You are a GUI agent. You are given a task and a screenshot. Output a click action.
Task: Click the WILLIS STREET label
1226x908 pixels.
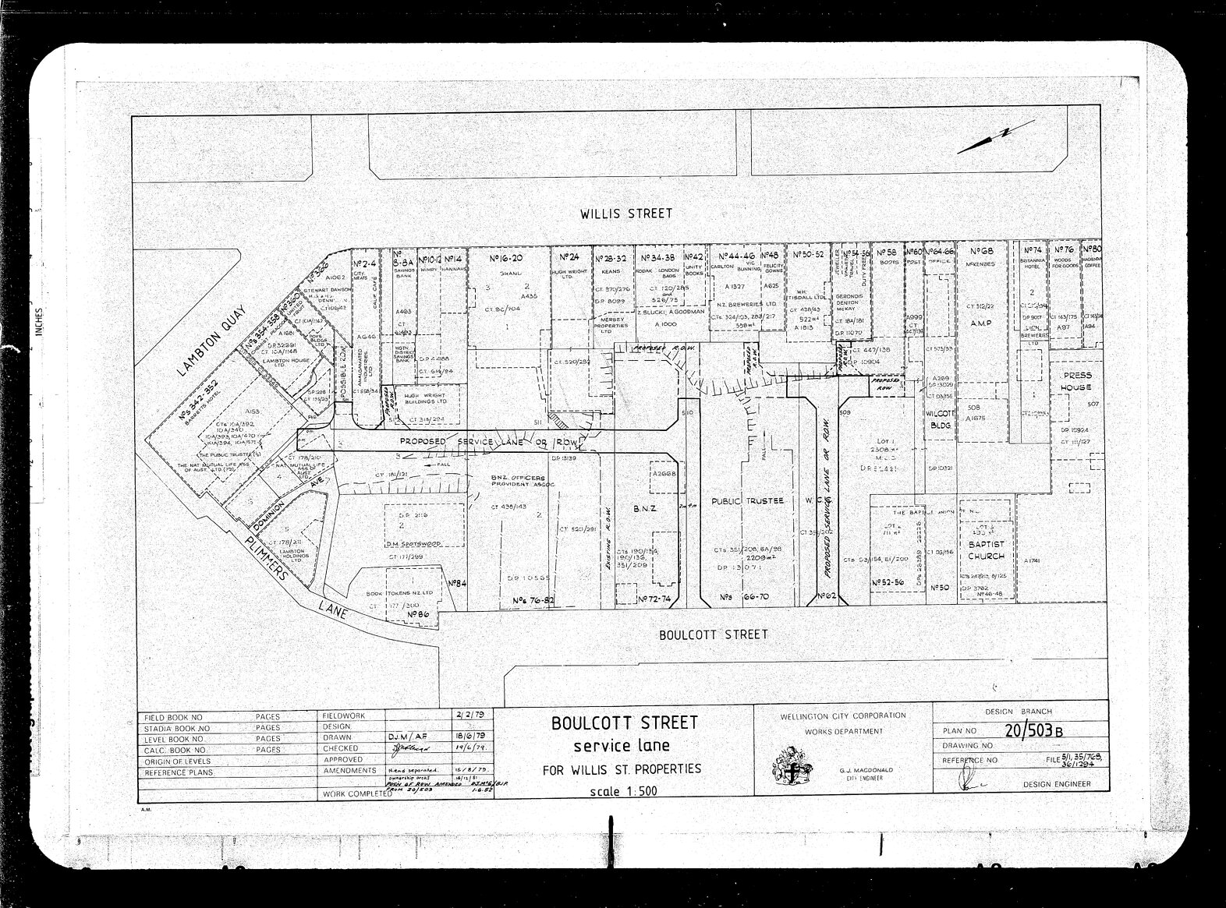point(625,213)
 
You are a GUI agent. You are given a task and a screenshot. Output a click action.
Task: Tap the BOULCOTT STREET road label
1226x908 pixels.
point(713,634)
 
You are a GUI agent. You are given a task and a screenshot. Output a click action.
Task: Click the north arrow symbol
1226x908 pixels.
point(984,140)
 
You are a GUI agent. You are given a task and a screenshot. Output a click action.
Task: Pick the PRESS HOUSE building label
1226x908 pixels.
point(1076,381)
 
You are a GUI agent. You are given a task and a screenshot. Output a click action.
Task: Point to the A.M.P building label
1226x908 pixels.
point(980,321)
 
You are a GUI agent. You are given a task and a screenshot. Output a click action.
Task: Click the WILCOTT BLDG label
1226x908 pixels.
point(941,419)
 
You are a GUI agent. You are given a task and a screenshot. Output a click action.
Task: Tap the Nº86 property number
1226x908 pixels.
point(419,614)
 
